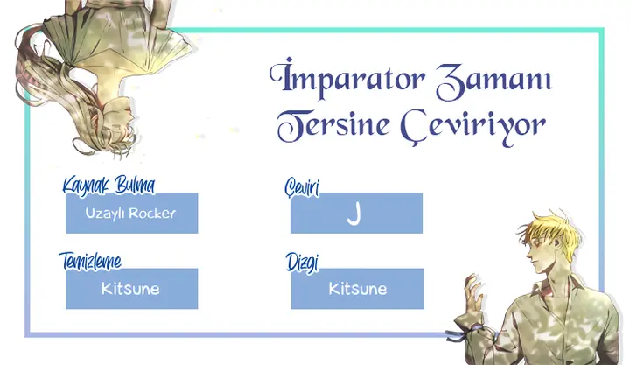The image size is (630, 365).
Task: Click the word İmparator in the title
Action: tap(346, 79)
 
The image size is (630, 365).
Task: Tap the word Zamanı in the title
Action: tap(493, 80)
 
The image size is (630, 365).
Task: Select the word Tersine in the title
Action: tap(333, 124)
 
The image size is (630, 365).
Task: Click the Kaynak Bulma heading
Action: tap(108, 186)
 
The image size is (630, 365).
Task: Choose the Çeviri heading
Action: tap(302, 187)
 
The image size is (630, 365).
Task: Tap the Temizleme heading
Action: tap(90, 261)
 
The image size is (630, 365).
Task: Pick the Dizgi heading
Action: tap(302, 263)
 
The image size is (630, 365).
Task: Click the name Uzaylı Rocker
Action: tap(130, 214)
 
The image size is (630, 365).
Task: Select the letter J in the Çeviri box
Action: tap(354, 214)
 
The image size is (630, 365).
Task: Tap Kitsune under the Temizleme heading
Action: tap(130, 289)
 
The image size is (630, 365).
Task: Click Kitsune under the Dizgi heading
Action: tap(358, 289)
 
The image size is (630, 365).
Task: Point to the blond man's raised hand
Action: tap(474, 293)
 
